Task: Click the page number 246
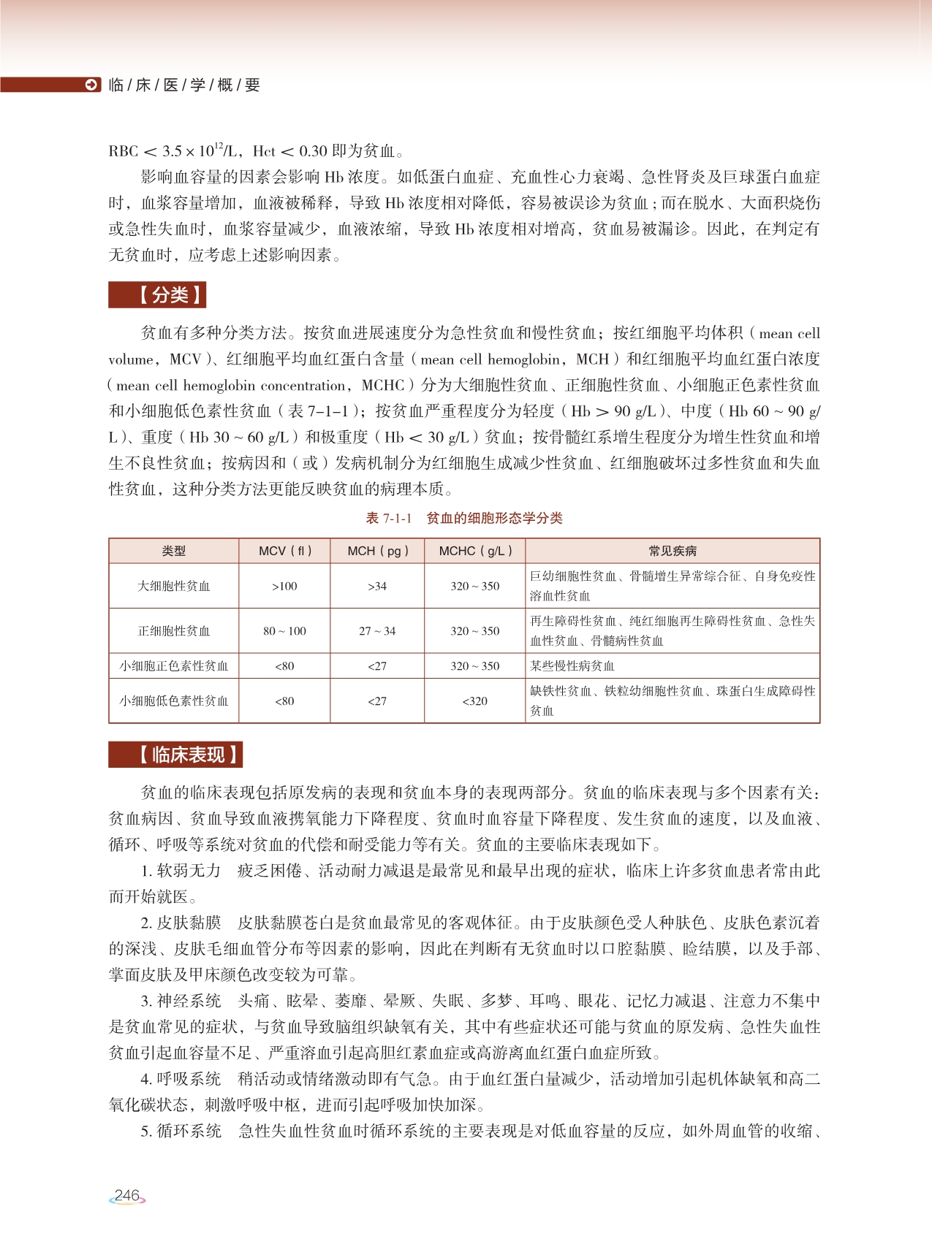click(x=127, y=1196)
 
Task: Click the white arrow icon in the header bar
click(x=91, y=85)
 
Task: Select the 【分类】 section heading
click(x=157, y=295)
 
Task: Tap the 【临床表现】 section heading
click(x=175, y=755)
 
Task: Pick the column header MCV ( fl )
click(x=285, y=551)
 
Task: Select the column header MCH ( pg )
click(x=377, y=551)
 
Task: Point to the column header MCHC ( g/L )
click(x=475, y=551)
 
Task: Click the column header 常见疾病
click(x=673, y=551)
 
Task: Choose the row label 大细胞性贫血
click(x=174, y=586)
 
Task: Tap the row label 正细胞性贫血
click(x=174, y=630)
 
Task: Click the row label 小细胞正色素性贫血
click(x=174, y=666)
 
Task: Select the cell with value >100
click(x=285, y=586)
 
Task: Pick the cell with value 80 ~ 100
click(x=285, y=630)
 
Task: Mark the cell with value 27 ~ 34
click(x=377, y=630)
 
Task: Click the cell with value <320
click(x=475, y=701)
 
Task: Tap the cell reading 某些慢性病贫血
click(x=572, y=666)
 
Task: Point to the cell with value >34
click(x=377, y=586)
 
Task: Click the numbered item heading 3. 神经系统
click(x=181, y=1001)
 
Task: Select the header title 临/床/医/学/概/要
click(x=184, y=85)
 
